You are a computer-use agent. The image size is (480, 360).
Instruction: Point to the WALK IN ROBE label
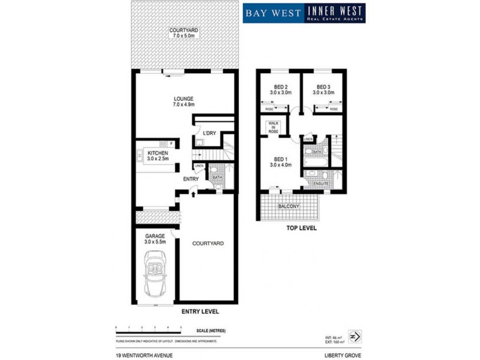pos(274,127)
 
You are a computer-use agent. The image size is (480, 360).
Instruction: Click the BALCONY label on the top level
pos(289,206)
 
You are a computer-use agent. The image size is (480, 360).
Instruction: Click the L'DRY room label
pos(209,133)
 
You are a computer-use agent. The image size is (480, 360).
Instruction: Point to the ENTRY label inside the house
pos(191,178)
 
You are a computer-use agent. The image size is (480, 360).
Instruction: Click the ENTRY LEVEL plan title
pos(200,311)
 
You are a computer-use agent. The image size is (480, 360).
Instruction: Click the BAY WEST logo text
pos(273,13)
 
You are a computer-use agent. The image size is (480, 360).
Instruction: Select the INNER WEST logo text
pos(335,10)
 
